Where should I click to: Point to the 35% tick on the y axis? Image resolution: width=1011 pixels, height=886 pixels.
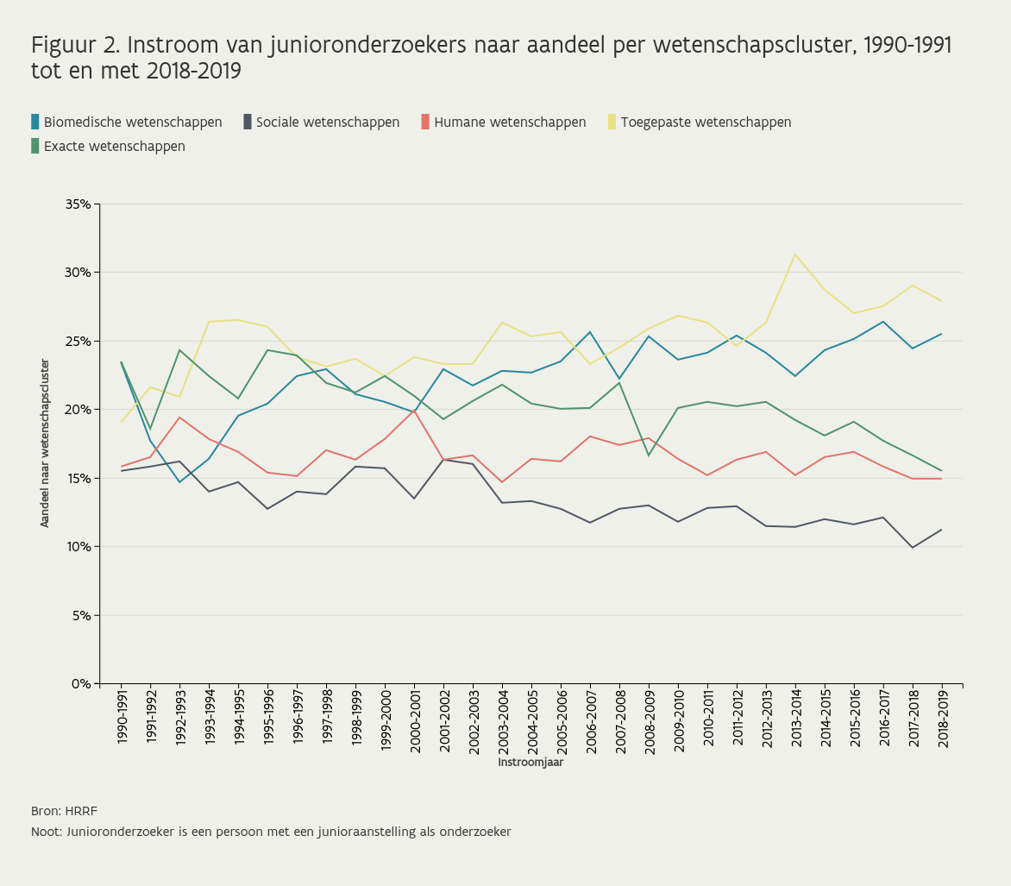coord(78,204)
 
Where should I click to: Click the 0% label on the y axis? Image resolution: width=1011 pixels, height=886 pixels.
coord(81,684)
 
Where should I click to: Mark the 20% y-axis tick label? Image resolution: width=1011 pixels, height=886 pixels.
coord(78,410)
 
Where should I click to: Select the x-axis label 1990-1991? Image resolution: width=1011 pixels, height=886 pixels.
coord(122,721)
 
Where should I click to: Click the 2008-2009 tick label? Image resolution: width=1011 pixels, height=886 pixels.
coord(650,721)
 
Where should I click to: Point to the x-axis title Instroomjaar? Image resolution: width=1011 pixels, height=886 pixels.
coord(531,763)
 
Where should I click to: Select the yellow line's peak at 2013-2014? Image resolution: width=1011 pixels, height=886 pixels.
coord(795,254)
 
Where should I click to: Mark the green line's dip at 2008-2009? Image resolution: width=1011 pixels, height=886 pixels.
coord(649,456)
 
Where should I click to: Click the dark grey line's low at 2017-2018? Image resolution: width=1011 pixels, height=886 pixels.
coord(913,548)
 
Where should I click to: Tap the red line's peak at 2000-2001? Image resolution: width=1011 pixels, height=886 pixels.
coord(414,411)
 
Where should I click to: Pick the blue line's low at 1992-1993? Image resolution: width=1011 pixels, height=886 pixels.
coord(179,482)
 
